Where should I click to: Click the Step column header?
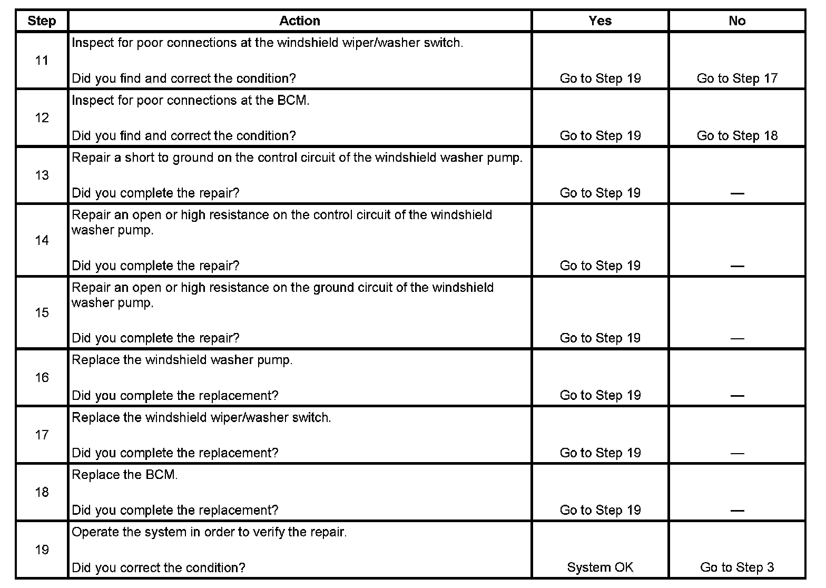click(42, 21)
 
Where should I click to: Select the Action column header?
click(299, 21)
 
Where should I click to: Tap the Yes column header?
click(600, 21)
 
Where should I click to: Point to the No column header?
click(737, 21)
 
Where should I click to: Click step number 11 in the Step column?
click(42, 61)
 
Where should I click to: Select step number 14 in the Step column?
click(42, 240)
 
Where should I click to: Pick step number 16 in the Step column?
click(42, 377)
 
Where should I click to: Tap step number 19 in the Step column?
click(42, 550)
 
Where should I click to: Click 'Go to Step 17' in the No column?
click(737, 79)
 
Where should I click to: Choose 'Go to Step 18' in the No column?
click(737, 136)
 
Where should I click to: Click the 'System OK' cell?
click(600, 567)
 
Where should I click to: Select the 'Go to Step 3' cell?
click(737, 567)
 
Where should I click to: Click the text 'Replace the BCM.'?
click(125, 475)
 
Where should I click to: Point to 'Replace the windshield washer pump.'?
click(182, 360)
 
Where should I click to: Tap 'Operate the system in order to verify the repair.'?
click(209, 532)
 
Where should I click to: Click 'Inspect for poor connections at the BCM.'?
click(190, 100)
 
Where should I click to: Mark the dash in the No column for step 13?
click(737, 194)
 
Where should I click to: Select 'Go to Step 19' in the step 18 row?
click(600, 510)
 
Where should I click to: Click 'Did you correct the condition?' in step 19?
click(158, 567)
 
